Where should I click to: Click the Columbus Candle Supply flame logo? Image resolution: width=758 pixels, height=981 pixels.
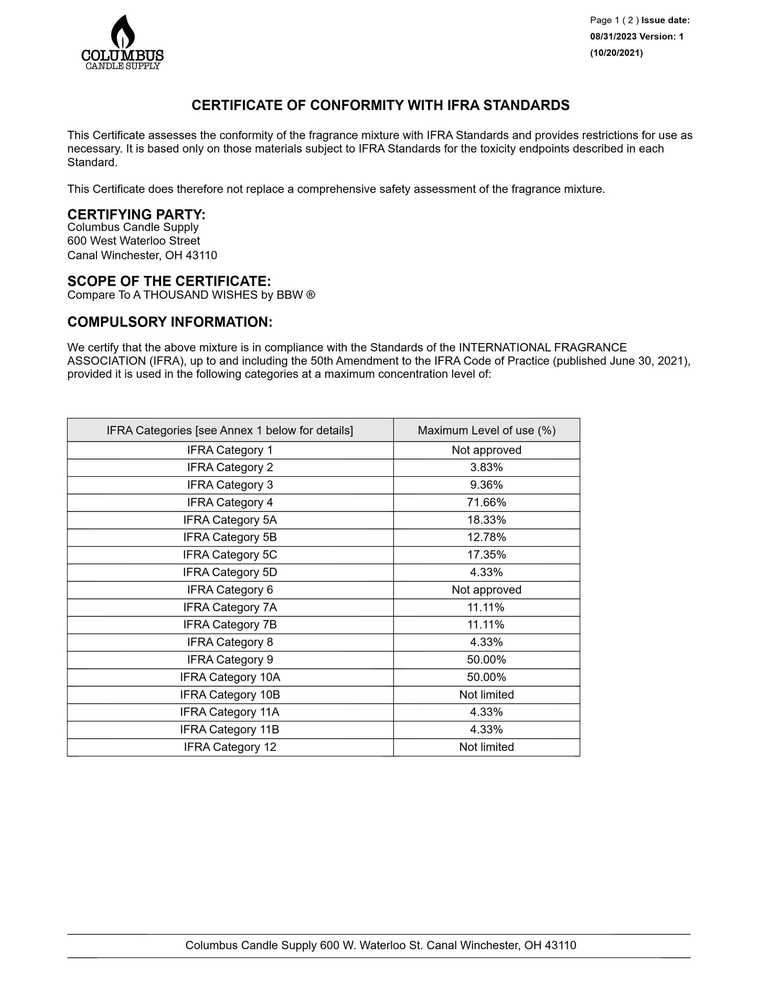point(122,42)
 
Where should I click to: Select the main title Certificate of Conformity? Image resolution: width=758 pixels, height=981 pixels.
point(380,105)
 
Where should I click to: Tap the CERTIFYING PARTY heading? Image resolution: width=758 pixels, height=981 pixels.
point(136,215)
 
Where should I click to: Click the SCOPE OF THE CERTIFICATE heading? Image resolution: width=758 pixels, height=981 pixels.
point(169,281)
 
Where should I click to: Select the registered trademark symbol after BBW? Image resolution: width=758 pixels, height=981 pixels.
point(311,295)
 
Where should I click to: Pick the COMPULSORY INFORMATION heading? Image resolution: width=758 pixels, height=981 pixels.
point(169,322)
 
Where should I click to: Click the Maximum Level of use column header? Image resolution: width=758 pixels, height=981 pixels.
point(486,431)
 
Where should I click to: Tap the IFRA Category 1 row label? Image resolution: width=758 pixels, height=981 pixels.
point(230,450)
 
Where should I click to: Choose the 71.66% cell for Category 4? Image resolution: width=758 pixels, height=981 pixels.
point(486,503)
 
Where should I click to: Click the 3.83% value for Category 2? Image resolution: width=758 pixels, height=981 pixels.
point(486,467)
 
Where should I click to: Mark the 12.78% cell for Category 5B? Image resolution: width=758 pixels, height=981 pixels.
point(486,537)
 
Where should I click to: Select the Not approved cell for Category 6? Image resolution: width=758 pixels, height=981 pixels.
point(486,590)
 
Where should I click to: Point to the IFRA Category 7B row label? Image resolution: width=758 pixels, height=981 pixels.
point(230,625)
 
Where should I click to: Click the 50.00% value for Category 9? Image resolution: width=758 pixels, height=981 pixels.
point(486,660)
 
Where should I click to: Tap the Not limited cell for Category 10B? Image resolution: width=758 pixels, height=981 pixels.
point(486,695)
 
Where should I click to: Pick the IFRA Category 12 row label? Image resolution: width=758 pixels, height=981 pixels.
point(230,747)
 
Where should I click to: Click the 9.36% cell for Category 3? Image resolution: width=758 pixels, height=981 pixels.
point(486,485)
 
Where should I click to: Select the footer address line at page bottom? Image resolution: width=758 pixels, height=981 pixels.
point(380,945)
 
